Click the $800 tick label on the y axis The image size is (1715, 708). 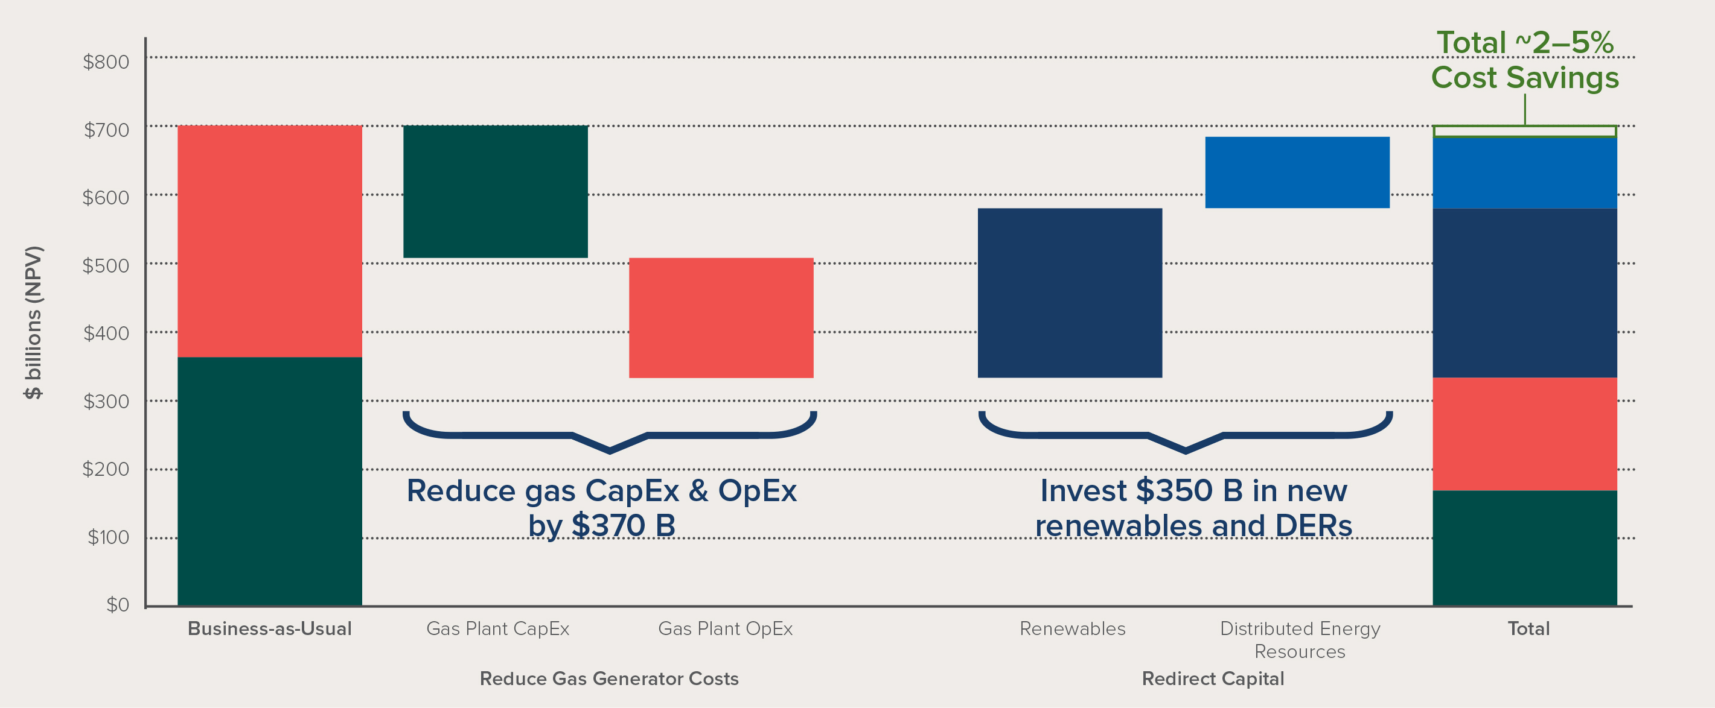click(x=106, y=62)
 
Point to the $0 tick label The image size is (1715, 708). click(x=117, y=604)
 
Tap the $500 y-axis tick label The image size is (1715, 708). click(x=106, y=265)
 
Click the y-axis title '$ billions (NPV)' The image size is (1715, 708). click(x=33, y=323)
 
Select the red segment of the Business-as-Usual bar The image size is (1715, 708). click(x=270, y=241)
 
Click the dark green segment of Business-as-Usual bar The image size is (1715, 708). click(x=270, y=481)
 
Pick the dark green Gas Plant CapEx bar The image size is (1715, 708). click(x=496, y=191)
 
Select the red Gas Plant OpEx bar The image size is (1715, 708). click(x=721, y=317)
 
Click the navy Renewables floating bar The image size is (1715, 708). click(x=1070, y=292)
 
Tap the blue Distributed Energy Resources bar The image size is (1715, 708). click(x=1297, y=172)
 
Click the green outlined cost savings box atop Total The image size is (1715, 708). click(x=1525, y=131)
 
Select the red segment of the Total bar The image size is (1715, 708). click(x=1525, y=434)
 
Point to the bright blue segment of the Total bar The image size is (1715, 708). click(x=1525, y=173)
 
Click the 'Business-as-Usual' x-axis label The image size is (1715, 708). click(x=270, y=628)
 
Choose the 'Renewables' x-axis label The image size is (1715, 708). click(x=1073, y=628)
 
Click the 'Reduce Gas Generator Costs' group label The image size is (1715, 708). click(x=609, y=678)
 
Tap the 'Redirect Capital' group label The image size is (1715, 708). click(x=1213, y=678)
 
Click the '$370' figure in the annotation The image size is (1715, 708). click(x=608, y=526)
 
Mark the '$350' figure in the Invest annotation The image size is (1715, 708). click(x=1174, y=490)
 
